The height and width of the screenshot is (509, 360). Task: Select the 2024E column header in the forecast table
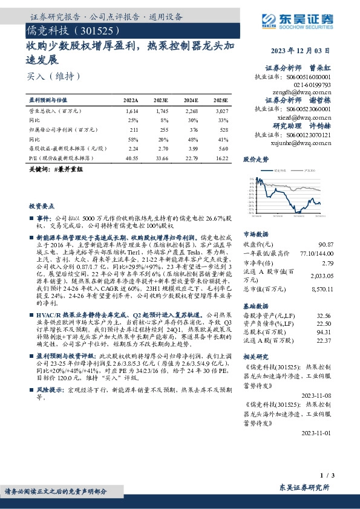tap(191, 100)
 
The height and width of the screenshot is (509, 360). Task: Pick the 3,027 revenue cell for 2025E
tap(221, 111)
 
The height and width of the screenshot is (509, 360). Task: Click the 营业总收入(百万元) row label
tap(56, 111)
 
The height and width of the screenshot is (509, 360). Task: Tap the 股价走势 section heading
tap(255, 160)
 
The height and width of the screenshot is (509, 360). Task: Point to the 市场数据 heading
tap(255, 234)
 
